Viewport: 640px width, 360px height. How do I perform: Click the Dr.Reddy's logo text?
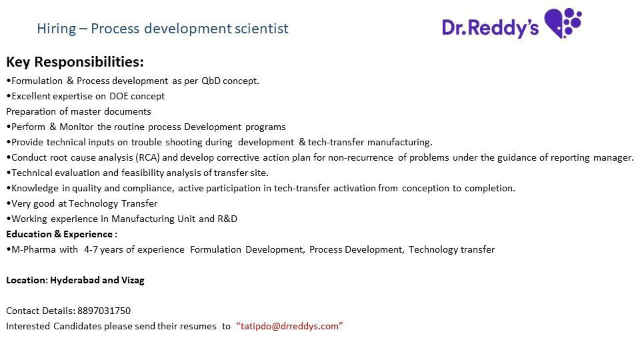click(490, 28)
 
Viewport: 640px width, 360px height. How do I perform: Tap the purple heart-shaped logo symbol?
click(563, 23)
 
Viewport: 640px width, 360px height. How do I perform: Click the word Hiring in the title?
click(56, 29)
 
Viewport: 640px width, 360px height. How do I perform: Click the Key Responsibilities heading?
click(75, 62)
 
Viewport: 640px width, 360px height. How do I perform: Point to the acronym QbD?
click(211, 81)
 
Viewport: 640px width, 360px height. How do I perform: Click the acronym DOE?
click(119, 96)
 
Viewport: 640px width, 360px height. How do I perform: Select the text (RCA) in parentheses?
click(148, 157)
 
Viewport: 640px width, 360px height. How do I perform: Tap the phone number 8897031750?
click(104, 311)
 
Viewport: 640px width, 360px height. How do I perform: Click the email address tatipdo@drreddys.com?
click(289, 326)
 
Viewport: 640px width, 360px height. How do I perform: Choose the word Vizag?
click(133, 281)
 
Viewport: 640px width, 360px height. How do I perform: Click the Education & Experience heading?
click(61, 234)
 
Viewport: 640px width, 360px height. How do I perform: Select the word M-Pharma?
click(33, 249)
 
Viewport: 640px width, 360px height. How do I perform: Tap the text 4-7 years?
click(104, 250)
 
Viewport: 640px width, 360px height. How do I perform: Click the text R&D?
click(227, 219)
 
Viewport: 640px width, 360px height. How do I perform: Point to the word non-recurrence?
click(361, 157)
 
